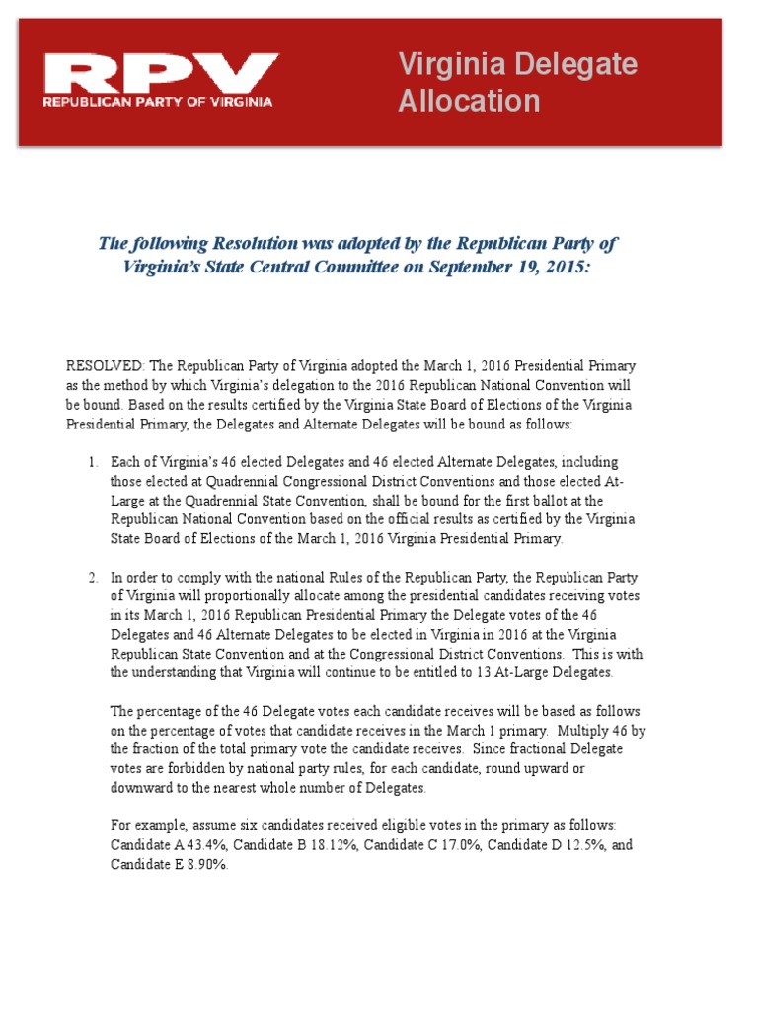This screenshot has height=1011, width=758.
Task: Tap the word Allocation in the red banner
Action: (469, 101)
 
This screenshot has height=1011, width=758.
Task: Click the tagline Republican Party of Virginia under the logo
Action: (158, 101)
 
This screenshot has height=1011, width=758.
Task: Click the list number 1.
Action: (92, 462)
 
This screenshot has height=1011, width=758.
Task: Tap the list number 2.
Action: (92, 578)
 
